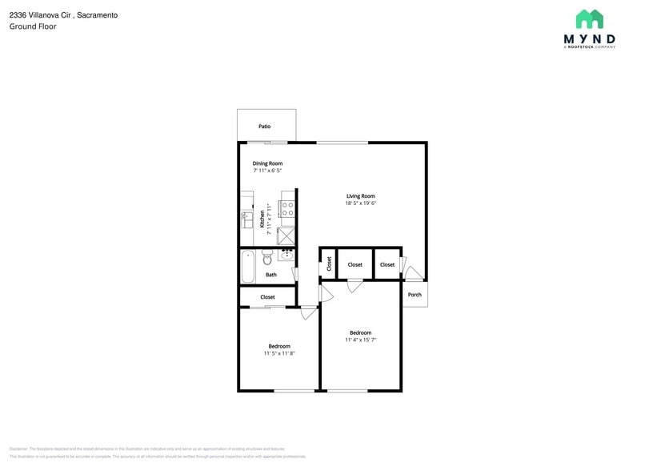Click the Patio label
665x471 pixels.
pos(264,127)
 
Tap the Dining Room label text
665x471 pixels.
pos(267,163)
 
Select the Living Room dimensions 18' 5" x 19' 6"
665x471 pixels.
pos(360,203)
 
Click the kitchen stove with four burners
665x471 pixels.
pos(286,210)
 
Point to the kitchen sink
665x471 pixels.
pos(247,217)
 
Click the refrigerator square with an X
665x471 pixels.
pos(286,235)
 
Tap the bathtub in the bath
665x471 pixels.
pos(248,266)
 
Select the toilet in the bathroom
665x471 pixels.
pos(267,257)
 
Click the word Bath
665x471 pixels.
pos(271,275)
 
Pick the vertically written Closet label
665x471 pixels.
pos(329,264)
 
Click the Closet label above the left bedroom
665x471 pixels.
pos(267,297)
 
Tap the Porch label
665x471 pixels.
pos(415,295)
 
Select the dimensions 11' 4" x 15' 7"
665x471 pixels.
pos(360,340)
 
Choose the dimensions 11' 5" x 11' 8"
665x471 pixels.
pos(279,353)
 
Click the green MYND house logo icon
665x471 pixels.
pos(590,19)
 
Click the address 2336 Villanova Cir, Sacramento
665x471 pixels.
pos(63,15)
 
